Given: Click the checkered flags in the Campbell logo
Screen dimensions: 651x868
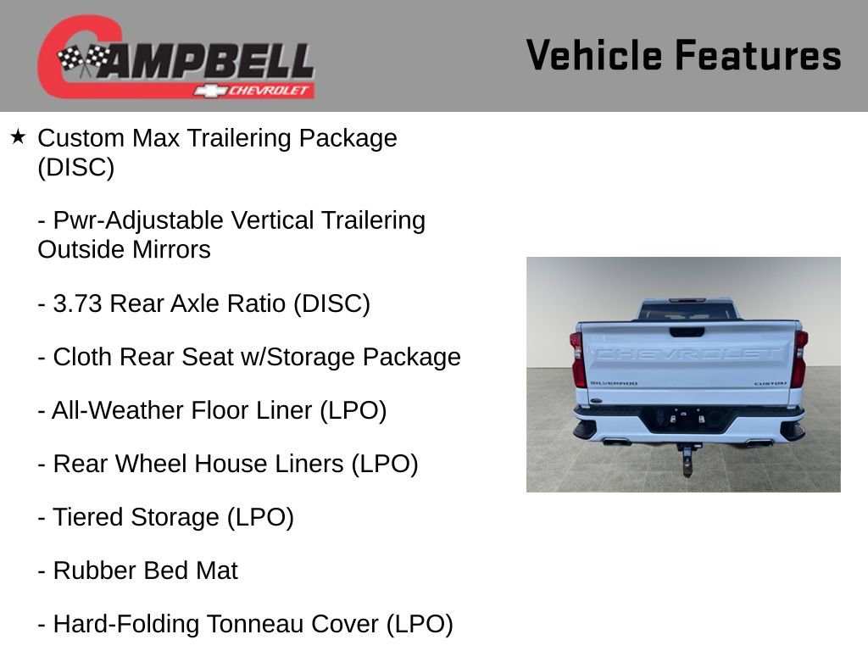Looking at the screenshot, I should [83, 58].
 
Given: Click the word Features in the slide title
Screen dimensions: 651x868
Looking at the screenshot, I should [759, 56].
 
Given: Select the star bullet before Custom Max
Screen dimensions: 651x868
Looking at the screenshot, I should [18, 136].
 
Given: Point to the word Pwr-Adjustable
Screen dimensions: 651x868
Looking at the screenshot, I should [141, 220].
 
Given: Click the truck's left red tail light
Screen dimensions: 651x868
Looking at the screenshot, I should [578, 359].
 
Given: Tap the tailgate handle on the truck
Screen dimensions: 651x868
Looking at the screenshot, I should [687, 332].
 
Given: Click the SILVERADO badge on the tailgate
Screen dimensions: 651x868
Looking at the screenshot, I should [614, 383].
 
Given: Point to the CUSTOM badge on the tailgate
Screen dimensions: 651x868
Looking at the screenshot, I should [771, 383].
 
